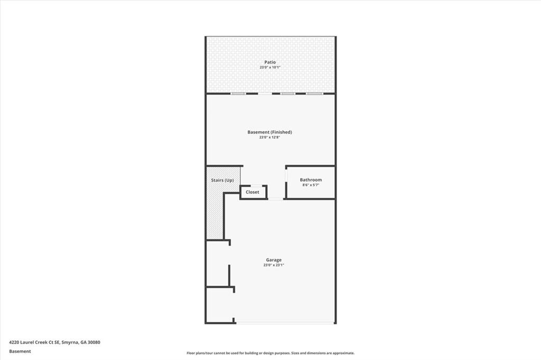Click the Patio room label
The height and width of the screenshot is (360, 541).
(270, 62)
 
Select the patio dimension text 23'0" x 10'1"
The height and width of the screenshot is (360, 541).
(270, 68)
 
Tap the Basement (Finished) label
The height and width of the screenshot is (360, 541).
(270, 132)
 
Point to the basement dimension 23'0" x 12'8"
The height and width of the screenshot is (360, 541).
(270, 137)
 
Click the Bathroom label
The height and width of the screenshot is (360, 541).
(311, 180)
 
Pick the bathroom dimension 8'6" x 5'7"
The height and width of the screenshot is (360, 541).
(311, 185)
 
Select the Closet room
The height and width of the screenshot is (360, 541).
(253, 192)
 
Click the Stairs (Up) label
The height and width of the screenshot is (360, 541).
(222, 180)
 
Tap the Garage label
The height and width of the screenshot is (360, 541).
(274, 260)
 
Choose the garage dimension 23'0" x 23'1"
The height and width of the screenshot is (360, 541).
(274, 265)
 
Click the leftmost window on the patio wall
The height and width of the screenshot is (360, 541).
(238, 94)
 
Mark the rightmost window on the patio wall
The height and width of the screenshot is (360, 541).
(314, 94)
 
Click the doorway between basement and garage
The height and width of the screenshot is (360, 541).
(276, 199)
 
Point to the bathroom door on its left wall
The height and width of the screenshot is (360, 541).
(286, 175)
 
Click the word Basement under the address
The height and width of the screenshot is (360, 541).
(20, 351)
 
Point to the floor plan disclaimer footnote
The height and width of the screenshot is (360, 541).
(270, 353)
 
